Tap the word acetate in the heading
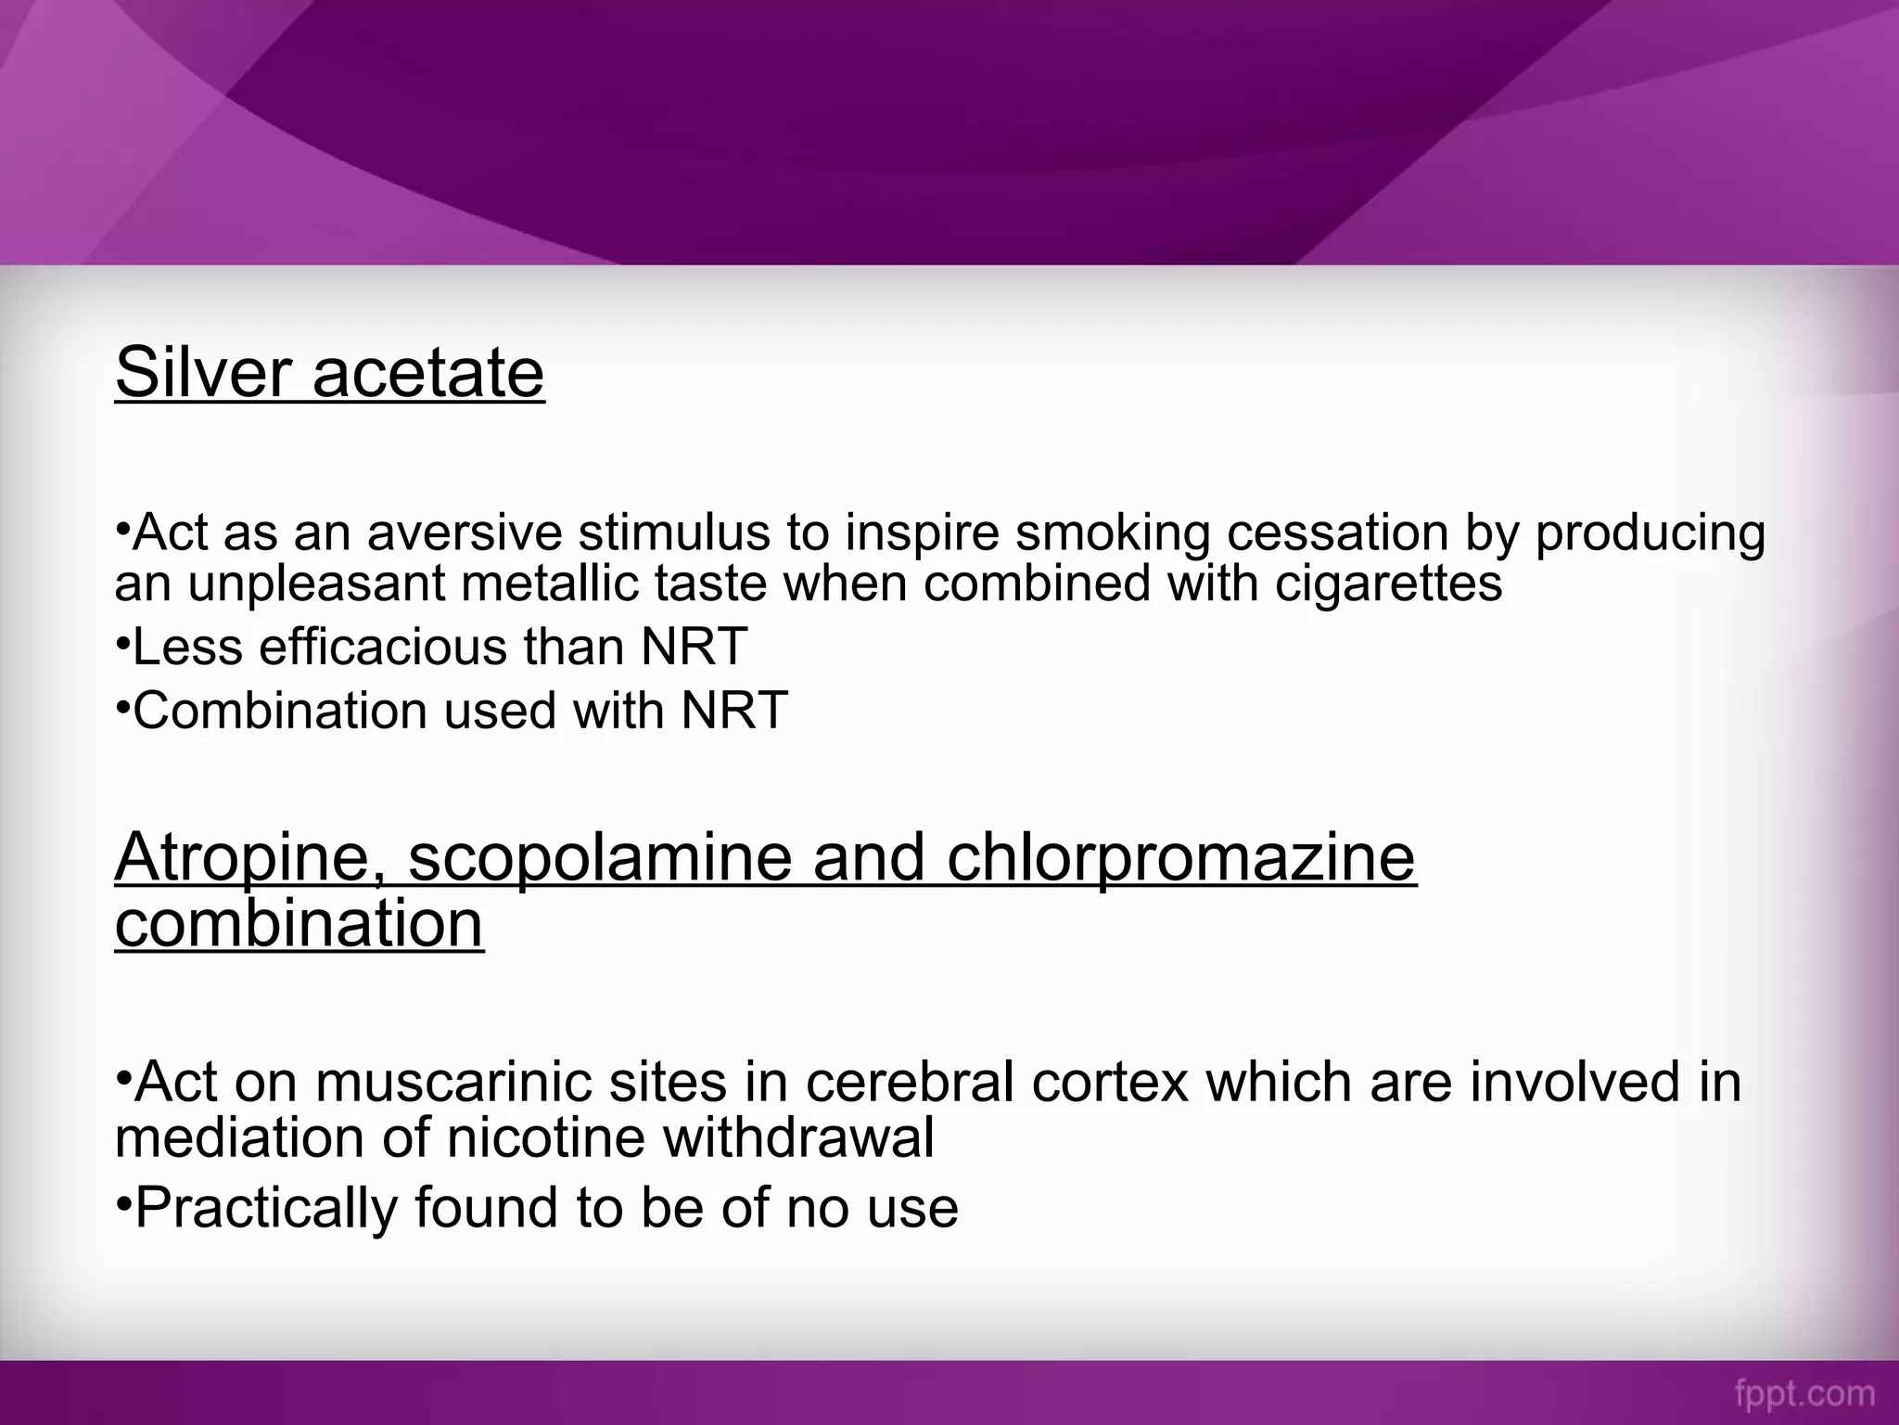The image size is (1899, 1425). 428,373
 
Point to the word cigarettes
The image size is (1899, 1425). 1388,584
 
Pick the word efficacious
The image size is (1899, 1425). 383,647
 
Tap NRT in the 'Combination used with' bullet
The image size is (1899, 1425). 734,711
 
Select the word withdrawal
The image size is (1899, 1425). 798,1137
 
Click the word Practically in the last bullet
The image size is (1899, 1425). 267,1208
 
